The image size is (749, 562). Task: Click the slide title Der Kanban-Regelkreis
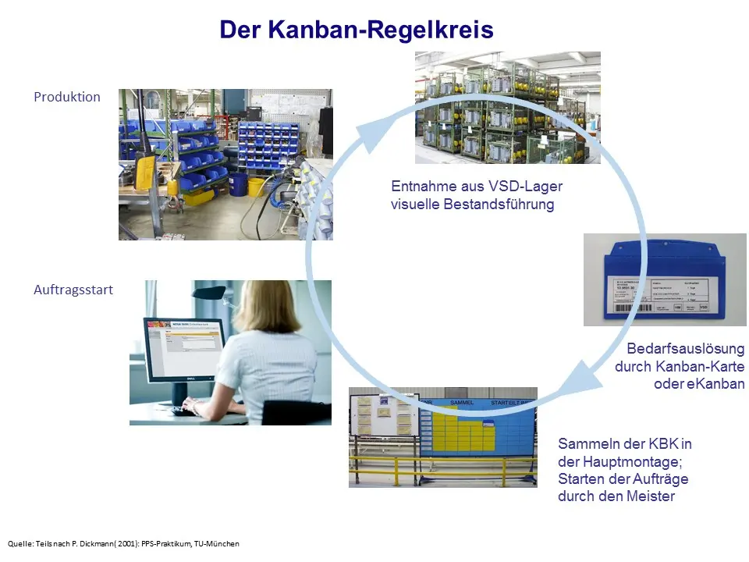pos(356,30)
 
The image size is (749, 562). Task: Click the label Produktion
pos(67,97)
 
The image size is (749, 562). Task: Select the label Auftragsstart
pos(73,290)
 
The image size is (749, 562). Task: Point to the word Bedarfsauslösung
pos(686,348)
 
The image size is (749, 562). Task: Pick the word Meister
pos(650,496)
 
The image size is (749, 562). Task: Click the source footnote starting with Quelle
pos(123,543)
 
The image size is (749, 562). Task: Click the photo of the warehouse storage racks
pos(507,107)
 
